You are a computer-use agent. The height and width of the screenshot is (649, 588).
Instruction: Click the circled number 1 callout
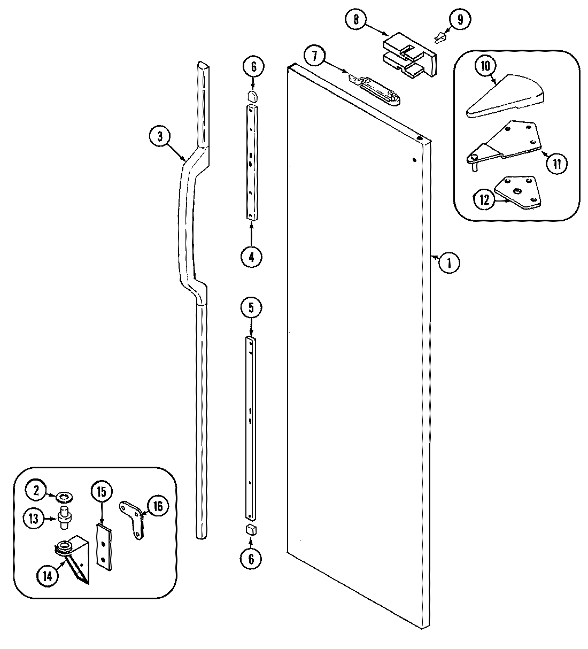[450, 262]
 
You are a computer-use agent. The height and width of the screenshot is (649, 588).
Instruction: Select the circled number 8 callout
[356, 20]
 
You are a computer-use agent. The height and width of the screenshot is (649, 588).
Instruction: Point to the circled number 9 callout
[460, 20]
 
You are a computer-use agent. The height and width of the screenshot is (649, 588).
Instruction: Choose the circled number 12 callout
[484, 200]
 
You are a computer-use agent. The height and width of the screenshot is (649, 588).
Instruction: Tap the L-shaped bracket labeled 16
[133, 517]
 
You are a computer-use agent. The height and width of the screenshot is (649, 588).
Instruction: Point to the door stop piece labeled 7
[374, 87]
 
